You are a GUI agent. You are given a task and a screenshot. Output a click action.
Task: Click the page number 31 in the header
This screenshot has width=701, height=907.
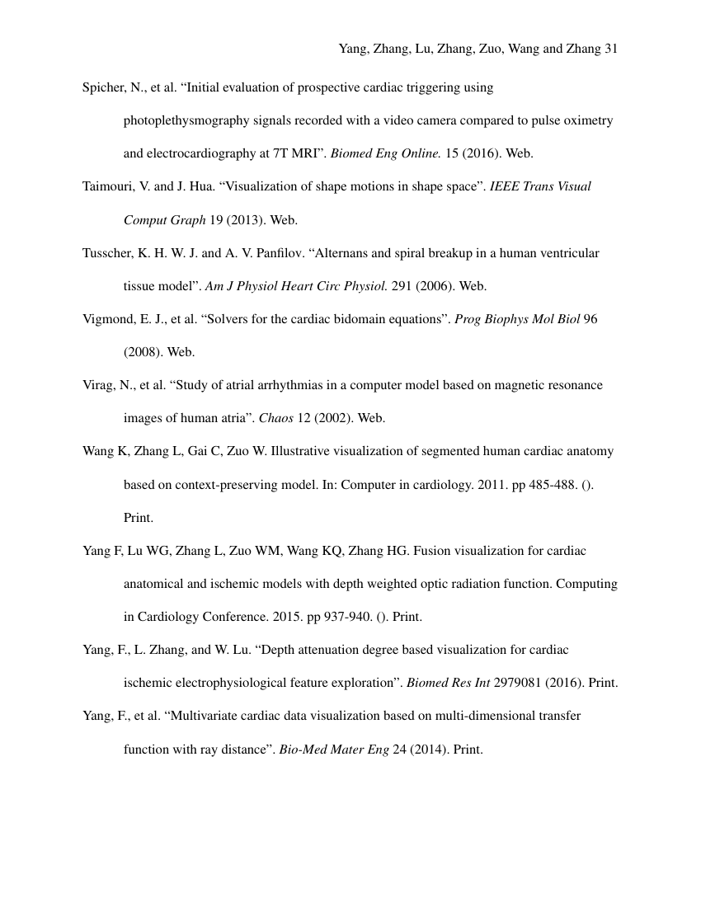[x=610, y=49]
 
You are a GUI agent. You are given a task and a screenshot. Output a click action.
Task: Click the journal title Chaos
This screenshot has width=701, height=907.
[x=276, y=418]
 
